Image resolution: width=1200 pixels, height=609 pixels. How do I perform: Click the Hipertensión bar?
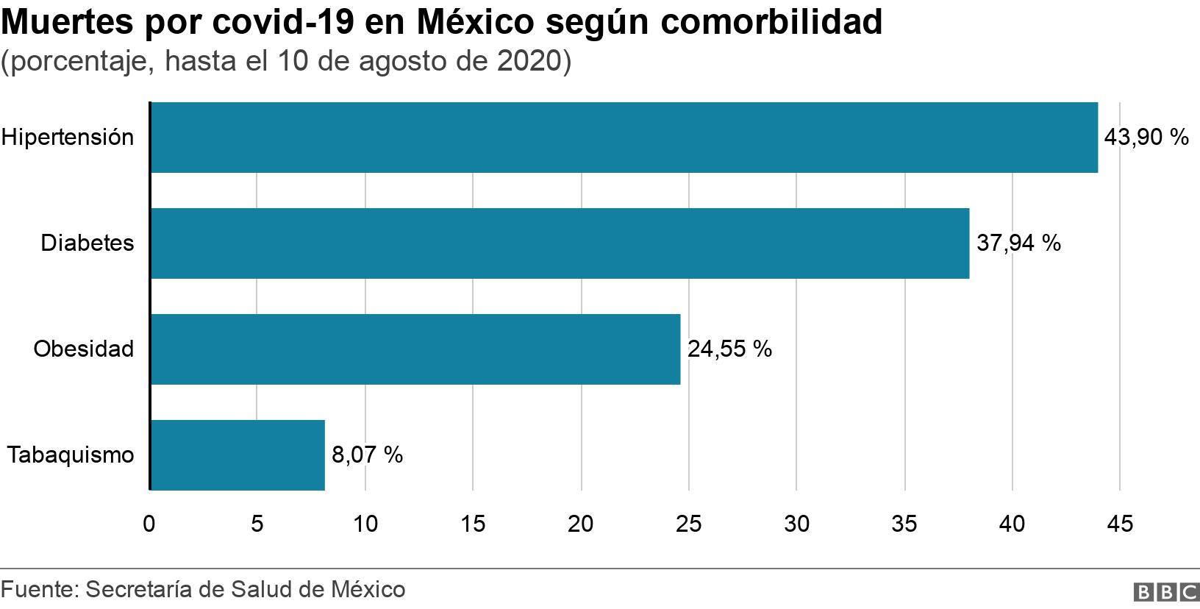pos(624,138)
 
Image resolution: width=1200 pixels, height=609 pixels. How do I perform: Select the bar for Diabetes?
pos(559,243)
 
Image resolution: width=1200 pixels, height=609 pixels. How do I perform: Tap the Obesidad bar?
pos(415,349)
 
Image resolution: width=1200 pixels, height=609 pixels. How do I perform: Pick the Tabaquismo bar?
pos(238,455)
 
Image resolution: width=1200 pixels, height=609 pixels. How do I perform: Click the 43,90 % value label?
pos(1146,138)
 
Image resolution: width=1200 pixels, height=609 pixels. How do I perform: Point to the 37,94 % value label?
pos(1018,243)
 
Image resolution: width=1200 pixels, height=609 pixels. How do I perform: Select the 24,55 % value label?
pos(729,349)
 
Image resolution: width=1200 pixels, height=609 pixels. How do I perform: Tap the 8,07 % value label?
pos(367,455)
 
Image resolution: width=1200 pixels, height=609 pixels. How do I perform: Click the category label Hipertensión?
pos(68,138)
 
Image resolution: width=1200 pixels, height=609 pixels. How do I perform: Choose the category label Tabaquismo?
pos(71,455)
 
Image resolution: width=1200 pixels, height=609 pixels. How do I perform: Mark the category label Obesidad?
pos(84,349)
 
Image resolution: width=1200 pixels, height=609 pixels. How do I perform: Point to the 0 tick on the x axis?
pos(149,524)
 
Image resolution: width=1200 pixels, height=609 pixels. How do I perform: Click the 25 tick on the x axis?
pos(689,524)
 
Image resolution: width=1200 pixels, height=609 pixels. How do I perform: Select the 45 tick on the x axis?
pos(1120,524)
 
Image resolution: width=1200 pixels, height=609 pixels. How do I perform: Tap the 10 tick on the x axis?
pos(365,524)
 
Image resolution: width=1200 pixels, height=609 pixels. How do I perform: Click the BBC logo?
pos(1167,591)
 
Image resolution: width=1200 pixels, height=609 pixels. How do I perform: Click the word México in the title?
pos(475,24)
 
